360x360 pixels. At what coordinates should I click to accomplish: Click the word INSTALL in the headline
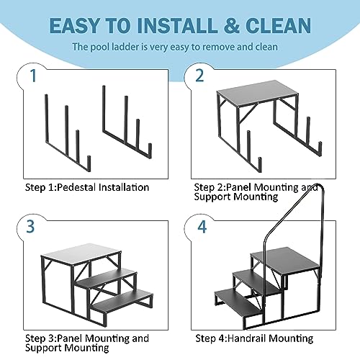pyautogui.click(x=177, y=25)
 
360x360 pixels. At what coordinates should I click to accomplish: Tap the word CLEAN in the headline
pyautogui.click(x=278, y=25)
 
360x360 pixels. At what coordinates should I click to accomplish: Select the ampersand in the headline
pyautogui.click(x=231, y=25)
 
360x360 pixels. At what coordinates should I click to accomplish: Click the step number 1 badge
pyautogui.click(x=33, y=76)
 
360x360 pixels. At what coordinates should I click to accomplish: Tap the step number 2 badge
pyautogui.click(x=199, y=76)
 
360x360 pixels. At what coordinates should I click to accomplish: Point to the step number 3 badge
pyautogui.click(x=30, y=226)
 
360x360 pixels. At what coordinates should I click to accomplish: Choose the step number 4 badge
pyautogui.click(x=202, y=227)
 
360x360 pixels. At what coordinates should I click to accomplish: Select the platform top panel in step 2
pyautogui.click(x=257, y=92)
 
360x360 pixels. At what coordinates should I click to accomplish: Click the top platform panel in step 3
pyautogui.click(x=81, y=254)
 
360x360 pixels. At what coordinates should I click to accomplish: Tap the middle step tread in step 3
pyautogui.click(x=107, y=279)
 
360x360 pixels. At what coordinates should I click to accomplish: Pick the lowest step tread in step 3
pyautogui.click(x=122, y=301)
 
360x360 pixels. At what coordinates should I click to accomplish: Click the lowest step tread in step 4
pyautogui.click(x=235, y=302)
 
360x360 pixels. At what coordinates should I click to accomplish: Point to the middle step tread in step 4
pyautogui.click(x=256, y=282)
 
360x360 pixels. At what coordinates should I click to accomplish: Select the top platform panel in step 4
pyautogui.click(x=285, y=261)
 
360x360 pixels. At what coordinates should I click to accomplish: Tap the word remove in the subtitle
pyautogui.click(x=220, y=47)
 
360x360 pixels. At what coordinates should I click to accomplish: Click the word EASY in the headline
pyautogui.click(x=75, y=25)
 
